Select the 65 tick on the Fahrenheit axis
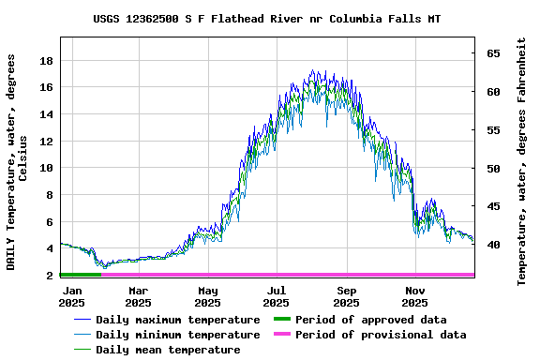[492, 53]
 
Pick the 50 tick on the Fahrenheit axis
[492, 169]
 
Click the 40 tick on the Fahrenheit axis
[492, 246]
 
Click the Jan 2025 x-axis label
[72, 296]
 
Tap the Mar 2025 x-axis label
[138, 296]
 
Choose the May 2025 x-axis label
[207, 296]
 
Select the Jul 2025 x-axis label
[277, 296]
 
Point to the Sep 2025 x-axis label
[346, 296]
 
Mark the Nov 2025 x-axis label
[415, 296]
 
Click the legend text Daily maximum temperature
[177, 320]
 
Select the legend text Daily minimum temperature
[177, 335]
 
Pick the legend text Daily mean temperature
[167, 350]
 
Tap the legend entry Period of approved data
[370, 320]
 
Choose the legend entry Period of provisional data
[380, 335]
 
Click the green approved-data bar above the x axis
[80, 275]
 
